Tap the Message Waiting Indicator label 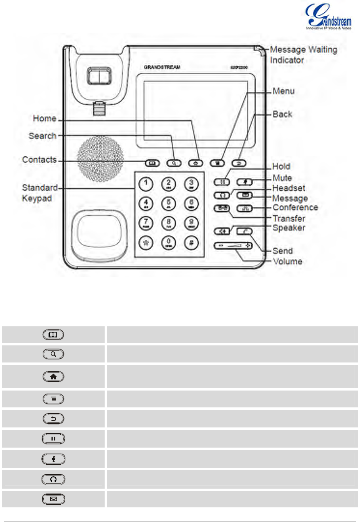pos(303,55)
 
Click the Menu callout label pos(284,91)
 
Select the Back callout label pos(282,114)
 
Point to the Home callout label pos(45,118)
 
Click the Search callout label pos(43,136)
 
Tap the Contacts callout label pos(40,160)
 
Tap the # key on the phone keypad pos(191,243)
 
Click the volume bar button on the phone pos(233,245)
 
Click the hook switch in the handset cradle pos(99,76)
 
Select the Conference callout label pos(295,208)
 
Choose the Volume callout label pos(287,261)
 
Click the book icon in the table pos(53,335)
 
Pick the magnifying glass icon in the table pos(53,354)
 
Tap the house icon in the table pos(53,377)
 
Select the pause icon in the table pos(53,439)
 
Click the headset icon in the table pos(53,479)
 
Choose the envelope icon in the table pos(53,499)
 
